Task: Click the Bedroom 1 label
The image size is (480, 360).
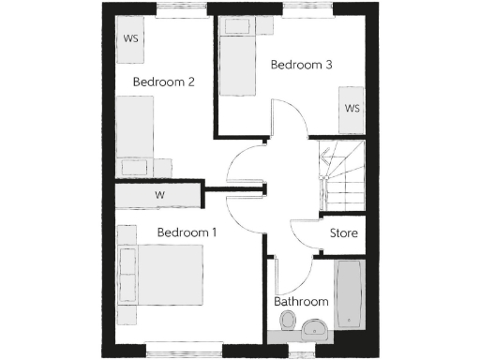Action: click(187, 232)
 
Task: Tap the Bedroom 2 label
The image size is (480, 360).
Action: click(163, 82)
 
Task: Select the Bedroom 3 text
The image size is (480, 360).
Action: click(302, 65)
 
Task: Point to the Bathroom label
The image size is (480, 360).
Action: click(301, 302)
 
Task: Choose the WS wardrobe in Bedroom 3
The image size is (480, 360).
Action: click(352, 108)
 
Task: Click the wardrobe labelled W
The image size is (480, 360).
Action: click(159, 195)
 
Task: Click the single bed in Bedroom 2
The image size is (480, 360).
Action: click(135, 131)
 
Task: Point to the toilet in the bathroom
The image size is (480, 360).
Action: click(288, 323)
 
